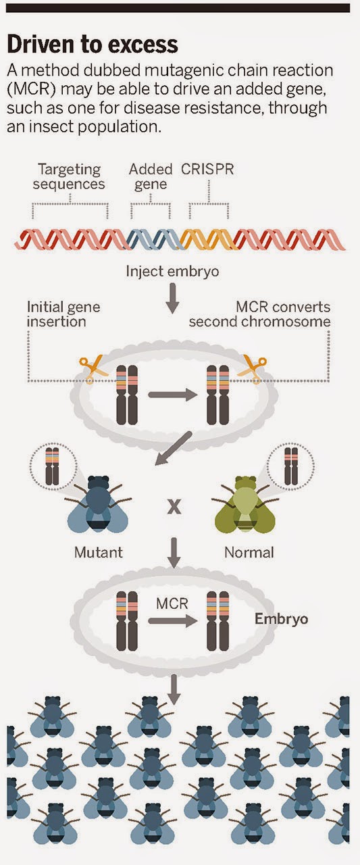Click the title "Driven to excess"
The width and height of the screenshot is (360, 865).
[93, 45]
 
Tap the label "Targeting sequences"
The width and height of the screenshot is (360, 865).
[71, 176]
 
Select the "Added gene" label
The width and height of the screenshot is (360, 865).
[151, 176]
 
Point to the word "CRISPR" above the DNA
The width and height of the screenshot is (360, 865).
[207, 169]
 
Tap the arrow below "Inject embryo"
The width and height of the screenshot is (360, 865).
[172, 298]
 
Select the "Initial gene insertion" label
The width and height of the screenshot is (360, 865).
[63, 314]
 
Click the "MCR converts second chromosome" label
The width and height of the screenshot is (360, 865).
[260, 314]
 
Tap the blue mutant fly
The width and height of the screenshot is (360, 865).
[99, 505]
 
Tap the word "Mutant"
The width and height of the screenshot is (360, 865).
[99, 552]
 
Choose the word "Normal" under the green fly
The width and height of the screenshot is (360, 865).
[249, 552]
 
